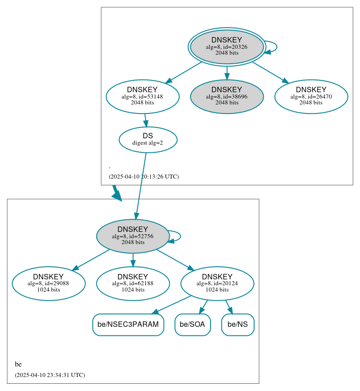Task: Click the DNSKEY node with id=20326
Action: pos(227,47)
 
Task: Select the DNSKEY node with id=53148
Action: pos(142,96)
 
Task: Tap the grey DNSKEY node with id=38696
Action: pos(227,96)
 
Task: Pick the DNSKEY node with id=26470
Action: pos(311,96)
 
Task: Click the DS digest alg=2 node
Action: pos(148,140)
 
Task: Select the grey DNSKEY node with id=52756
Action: pos(133,236)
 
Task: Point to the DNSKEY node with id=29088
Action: pos(48,283)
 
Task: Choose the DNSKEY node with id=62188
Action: pos(133,283)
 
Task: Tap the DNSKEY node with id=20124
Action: pos(217,283)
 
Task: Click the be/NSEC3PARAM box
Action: pos(128,325)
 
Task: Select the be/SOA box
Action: pos(192,325)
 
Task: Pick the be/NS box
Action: pos(238,325)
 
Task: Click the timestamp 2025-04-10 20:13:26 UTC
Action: pos(144,176)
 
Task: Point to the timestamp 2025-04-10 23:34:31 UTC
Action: pos(50,375)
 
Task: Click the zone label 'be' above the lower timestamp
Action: pos(18,364)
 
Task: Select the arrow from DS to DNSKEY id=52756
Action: pos(140,185)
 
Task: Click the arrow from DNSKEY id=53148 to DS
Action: pos(145,120)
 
